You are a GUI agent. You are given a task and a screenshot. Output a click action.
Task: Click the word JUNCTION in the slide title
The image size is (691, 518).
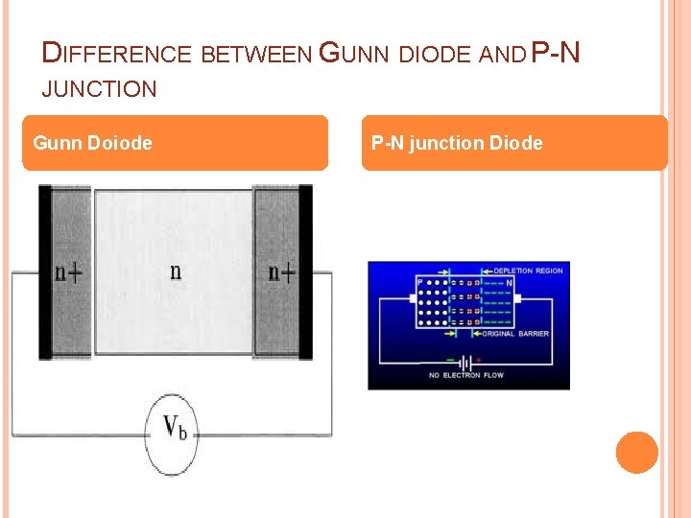point(100,90)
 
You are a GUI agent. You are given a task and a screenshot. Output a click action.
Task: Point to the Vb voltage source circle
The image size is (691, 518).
point(173,429)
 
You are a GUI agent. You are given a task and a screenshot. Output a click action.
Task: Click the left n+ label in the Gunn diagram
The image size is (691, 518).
point(68,272)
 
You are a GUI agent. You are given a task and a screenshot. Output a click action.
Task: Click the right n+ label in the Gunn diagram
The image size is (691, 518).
point(281,272)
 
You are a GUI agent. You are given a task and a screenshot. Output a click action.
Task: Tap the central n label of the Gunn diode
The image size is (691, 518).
point(175,271)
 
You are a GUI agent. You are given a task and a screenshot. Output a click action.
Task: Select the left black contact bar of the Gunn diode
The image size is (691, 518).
point(45,272)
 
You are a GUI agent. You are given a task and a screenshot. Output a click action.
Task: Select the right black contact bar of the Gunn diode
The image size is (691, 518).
point(305,272)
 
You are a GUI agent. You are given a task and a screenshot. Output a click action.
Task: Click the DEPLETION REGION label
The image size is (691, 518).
point(528,271)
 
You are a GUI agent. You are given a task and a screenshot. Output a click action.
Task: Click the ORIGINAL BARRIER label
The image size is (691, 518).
point(516,334)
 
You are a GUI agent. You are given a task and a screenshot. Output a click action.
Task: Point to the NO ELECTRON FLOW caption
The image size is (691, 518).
point(466,375)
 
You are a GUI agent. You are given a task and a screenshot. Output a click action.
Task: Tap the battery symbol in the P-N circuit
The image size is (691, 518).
point(466,362)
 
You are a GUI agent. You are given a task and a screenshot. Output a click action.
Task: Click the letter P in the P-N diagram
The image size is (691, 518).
point(420,282)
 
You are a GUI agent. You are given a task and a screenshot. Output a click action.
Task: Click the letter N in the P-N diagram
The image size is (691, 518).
point(510,284)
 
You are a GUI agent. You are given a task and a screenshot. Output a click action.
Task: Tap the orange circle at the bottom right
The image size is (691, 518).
point(637,453)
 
